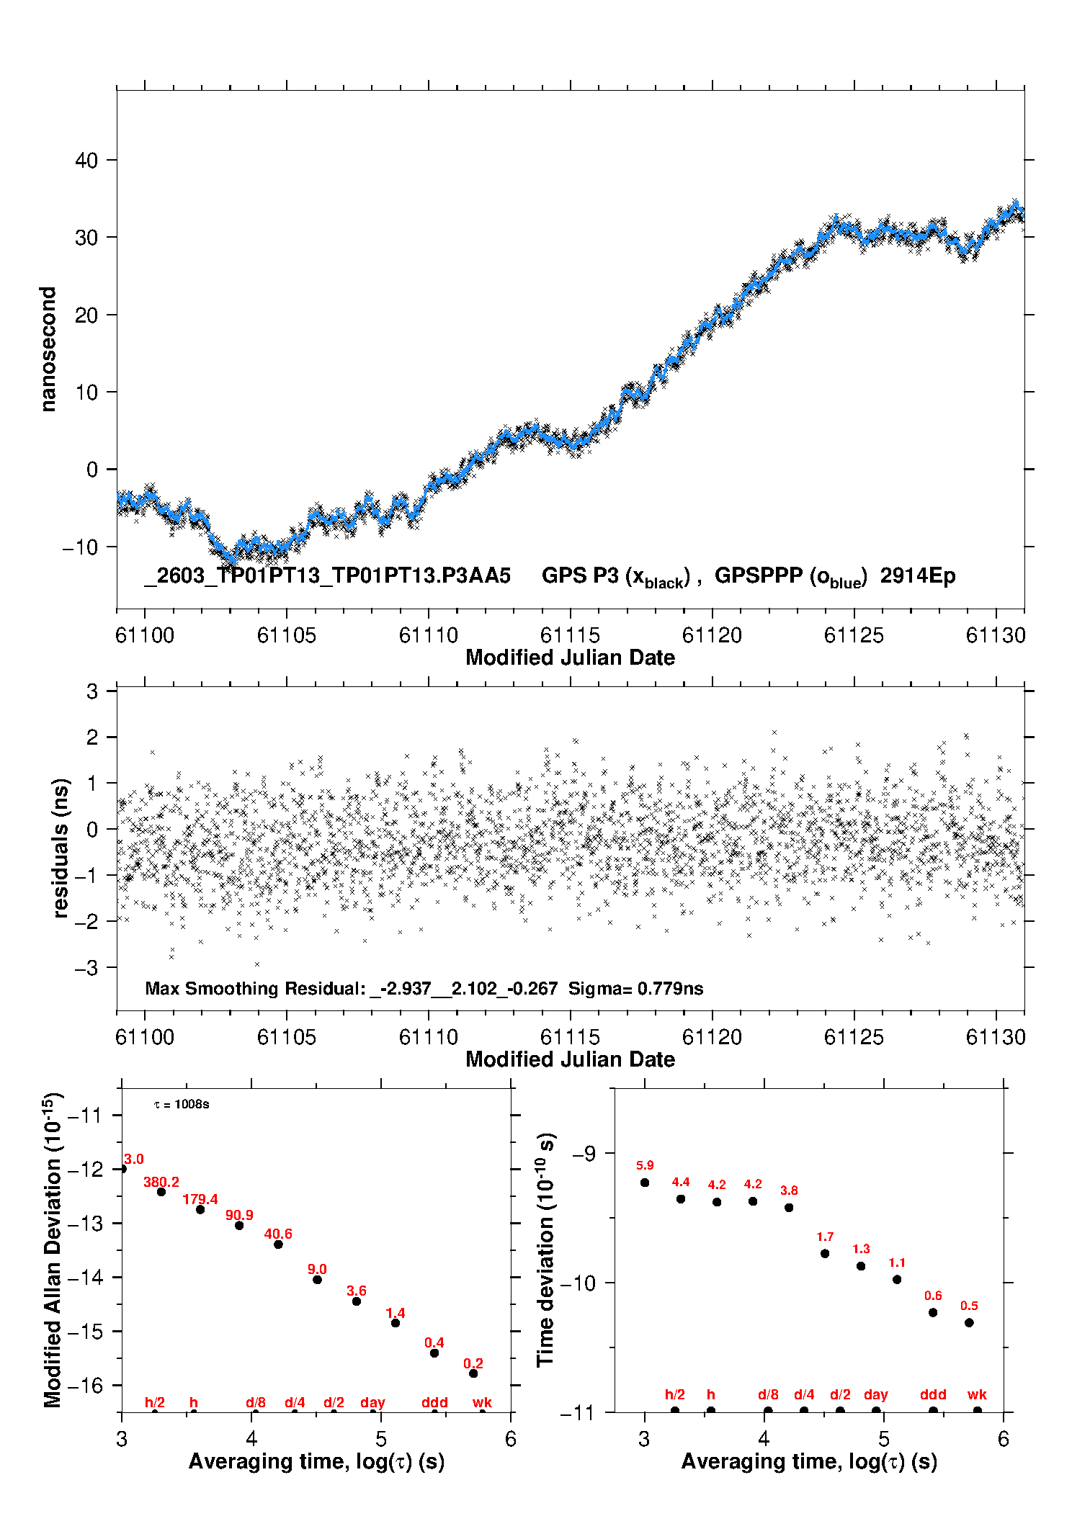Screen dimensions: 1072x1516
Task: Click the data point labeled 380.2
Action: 161,1192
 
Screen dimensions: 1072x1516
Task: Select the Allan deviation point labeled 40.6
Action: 278,1244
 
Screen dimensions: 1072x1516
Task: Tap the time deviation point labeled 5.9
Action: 645,1183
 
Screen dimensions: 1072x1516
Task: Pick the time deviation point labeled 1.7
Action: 825,1254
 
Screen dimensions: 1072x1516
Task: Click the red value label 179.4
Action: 200,1199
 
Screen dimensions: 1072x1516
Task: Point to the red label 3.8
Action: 789,1190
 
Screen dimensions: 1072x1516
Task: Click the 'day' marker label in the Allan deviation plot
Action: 372,1402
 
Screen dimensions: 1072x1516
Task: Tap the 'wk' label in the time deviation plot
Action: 977,1394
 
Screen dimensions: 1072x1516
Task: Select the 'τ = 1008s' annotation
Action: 182,1104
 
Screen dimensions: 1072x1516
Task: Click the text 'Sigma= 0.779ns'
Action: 635,988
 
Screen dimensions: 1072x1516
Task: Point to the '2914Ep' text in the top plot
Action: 918,575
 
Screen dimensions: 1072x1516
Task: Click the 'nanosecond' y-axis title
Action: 48,349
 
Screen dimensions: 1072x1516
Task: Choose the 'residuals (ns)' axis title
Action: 61,848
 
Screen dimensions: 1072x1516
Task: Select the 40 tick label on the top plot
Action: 86,160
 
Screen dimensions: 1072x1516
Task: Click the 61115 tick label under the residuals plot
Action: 570,1037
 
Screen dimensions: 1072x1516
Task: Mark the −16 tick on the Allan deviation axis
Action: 85,1385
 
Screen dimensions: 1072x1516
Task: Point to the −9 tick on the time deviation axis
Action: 584,1153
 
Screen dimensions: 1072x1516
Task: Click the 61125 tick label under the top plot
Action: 854,635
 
